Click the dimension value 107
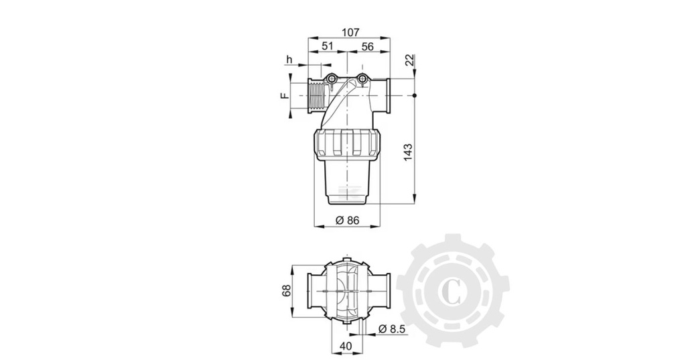(350, 32)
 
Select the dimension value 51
(328, 46)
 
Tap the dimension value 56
(367, 46)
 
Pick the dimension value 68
(286, 290)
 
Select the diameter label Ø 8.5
(391, 329)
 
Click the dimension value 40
(346, 347)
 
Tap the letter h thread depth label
(289, 60)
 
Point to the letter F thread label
(284, 96)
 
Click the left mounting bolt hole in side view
(332, 80)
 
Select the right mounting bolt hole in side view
(362, 80)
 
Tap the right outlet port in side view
(384, 96)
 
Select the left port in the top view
(314, 290)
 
